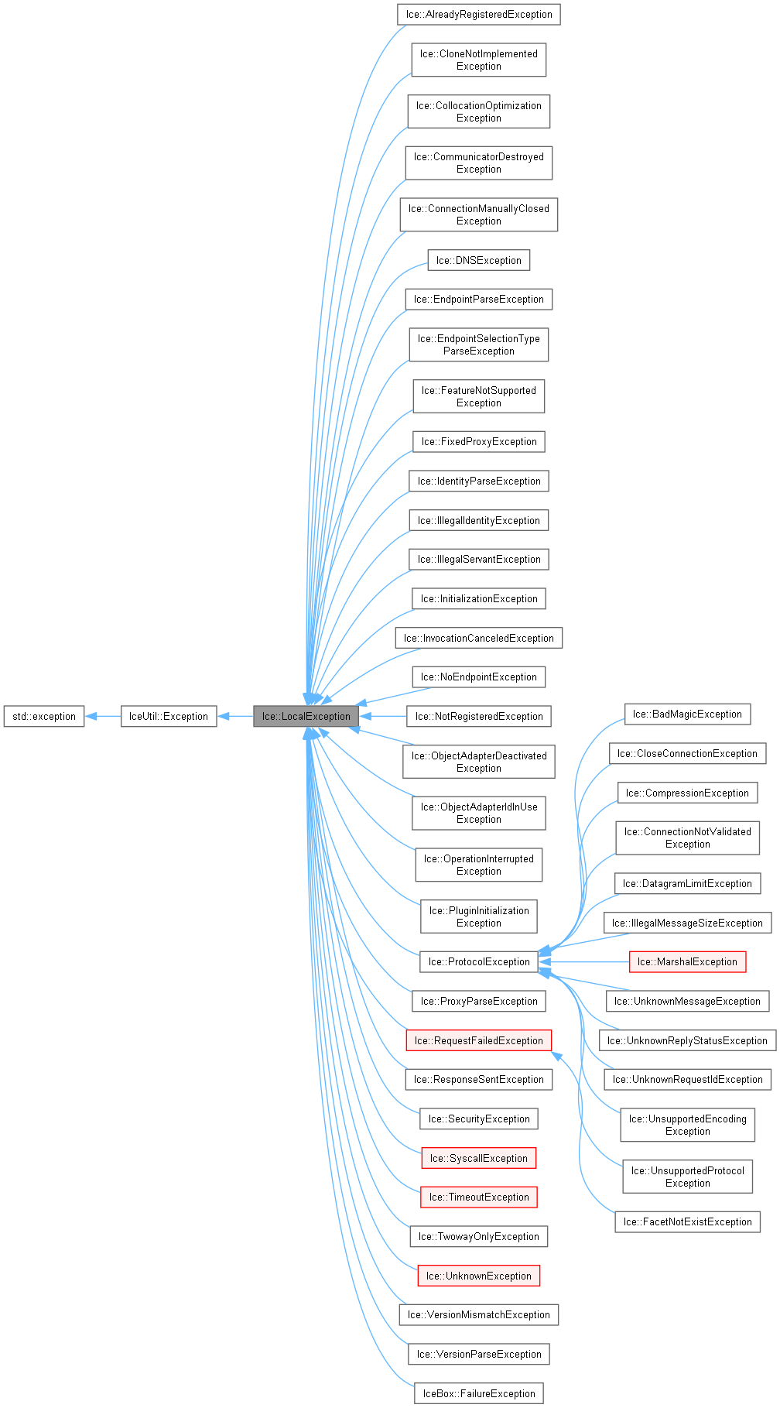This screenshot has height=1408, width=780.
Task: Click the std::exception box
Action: (44, 716)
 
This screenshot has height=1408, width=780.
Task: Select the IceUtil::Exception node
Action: (169, 716)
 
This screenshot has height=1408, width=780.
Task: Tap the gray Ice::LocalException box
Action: (306, 716)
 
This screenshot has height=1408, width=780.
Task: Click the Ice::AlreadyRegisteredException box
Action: (479, 14)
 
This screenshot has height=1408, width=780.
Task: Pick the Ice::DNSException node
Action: (479, 260)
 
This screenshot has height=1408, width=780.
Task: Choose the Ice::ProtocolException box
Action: (479, 961)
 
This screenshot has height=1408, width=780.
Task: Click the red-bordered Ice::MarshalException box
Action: (687, 961)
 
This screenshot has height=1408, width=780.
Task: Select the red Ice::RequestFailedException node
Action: (479, 1040)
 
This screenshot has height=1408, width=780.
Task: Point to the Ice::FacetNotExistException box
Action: (687, 1221)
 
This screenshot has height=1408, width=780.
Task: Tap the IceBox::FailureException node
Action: (479, 1393)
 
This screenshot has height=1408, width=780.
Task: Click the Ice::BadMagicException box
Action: (687, 714)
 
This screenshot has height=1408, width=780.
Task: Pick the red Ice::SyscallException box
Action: (479, 1158)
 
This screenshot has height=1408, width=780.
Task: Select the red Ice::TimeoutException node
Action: (479, 1197)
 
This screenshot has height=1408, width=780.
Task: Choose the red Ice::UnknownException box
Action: (479, 1276)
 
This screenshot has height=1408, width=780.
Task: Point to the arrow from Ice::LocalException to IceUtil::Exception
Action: (235, 716)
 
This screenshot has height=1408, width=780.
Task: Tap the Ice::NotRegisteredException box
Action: (479, 716)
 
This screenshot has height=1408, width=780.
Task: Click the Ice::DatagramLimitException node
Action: (687, 883)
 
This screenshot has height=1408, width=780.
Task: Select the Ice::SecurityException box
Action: (479, 1119)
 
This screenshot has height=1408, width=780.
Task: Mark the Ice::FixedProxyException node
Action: (479, 441)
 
